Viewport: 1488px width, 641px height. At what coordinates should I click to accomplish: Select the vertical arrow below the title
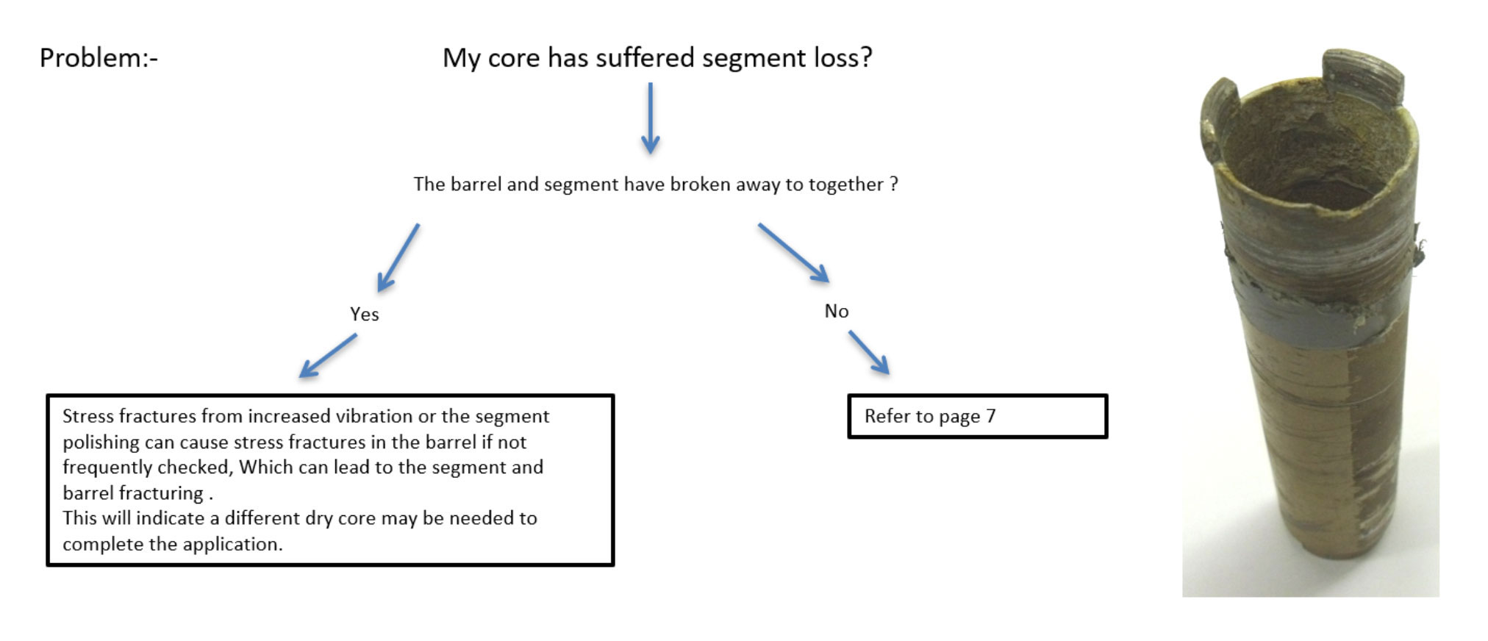pos(650,118)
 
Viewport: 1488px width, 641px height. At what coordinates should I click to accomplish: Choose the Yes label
pos(364,315)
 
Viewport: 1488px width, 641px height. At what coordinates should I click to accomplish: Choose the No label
pos(837,311)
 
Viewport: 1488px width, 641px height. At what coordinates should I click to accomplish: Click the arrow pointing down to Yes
pos(398,257)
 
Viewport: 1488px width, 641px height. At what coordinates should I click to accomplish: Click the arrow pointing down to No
pos(794,253)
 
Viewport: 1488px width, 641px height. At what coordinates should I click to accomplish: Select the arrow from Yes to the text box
pos(328,356)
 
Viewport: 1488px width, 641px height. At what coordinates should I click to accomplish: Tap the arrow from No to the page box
pos(869,353)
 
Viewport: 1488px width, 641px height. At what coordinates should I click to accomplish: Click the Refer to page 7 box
pos(977,417)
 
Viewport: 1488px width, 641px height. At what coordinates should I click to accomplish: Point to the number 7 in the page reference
pos(990,416)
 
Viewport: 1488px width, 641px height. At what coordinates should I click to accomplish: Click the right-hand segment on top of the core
pos(1364,76)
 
